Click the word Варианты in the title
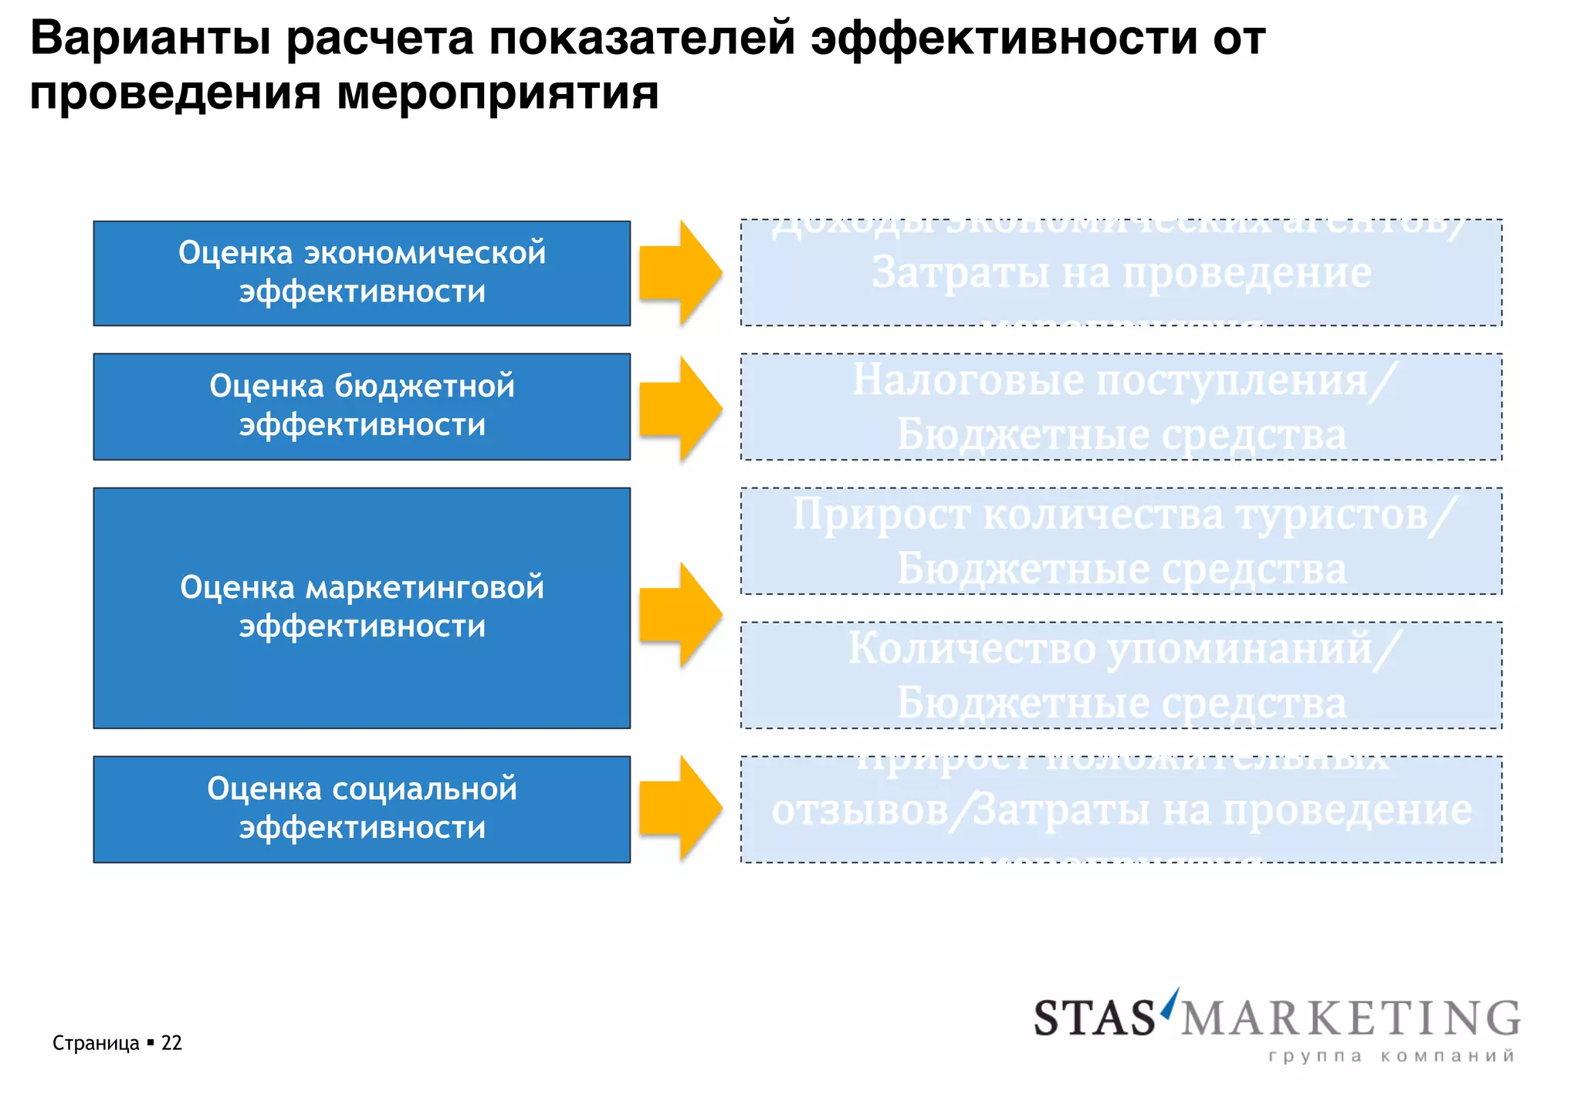150,39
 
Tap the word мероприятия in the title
497,93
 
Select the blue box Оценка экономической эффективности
361,273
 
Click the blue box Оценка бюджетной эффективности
361,407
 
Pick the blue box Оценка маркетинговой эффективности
361,608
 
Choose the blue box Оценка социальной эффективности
361,809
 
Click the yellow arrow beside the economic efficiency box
680,272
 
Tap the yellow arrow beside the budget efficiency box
680,408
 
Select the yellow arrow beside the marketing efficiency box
680,614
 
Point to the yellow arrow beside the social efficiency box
680,808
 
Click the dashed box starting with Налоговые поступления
1121,407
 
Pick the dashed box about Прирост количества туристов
1121,541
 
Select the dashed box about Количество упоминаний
1121,675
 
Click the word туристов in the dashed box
1331,515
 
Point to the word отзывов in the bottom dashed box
859,810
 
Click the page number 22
171,1043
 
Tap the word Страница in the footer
96,1043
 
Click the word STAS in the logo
1094,1018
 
